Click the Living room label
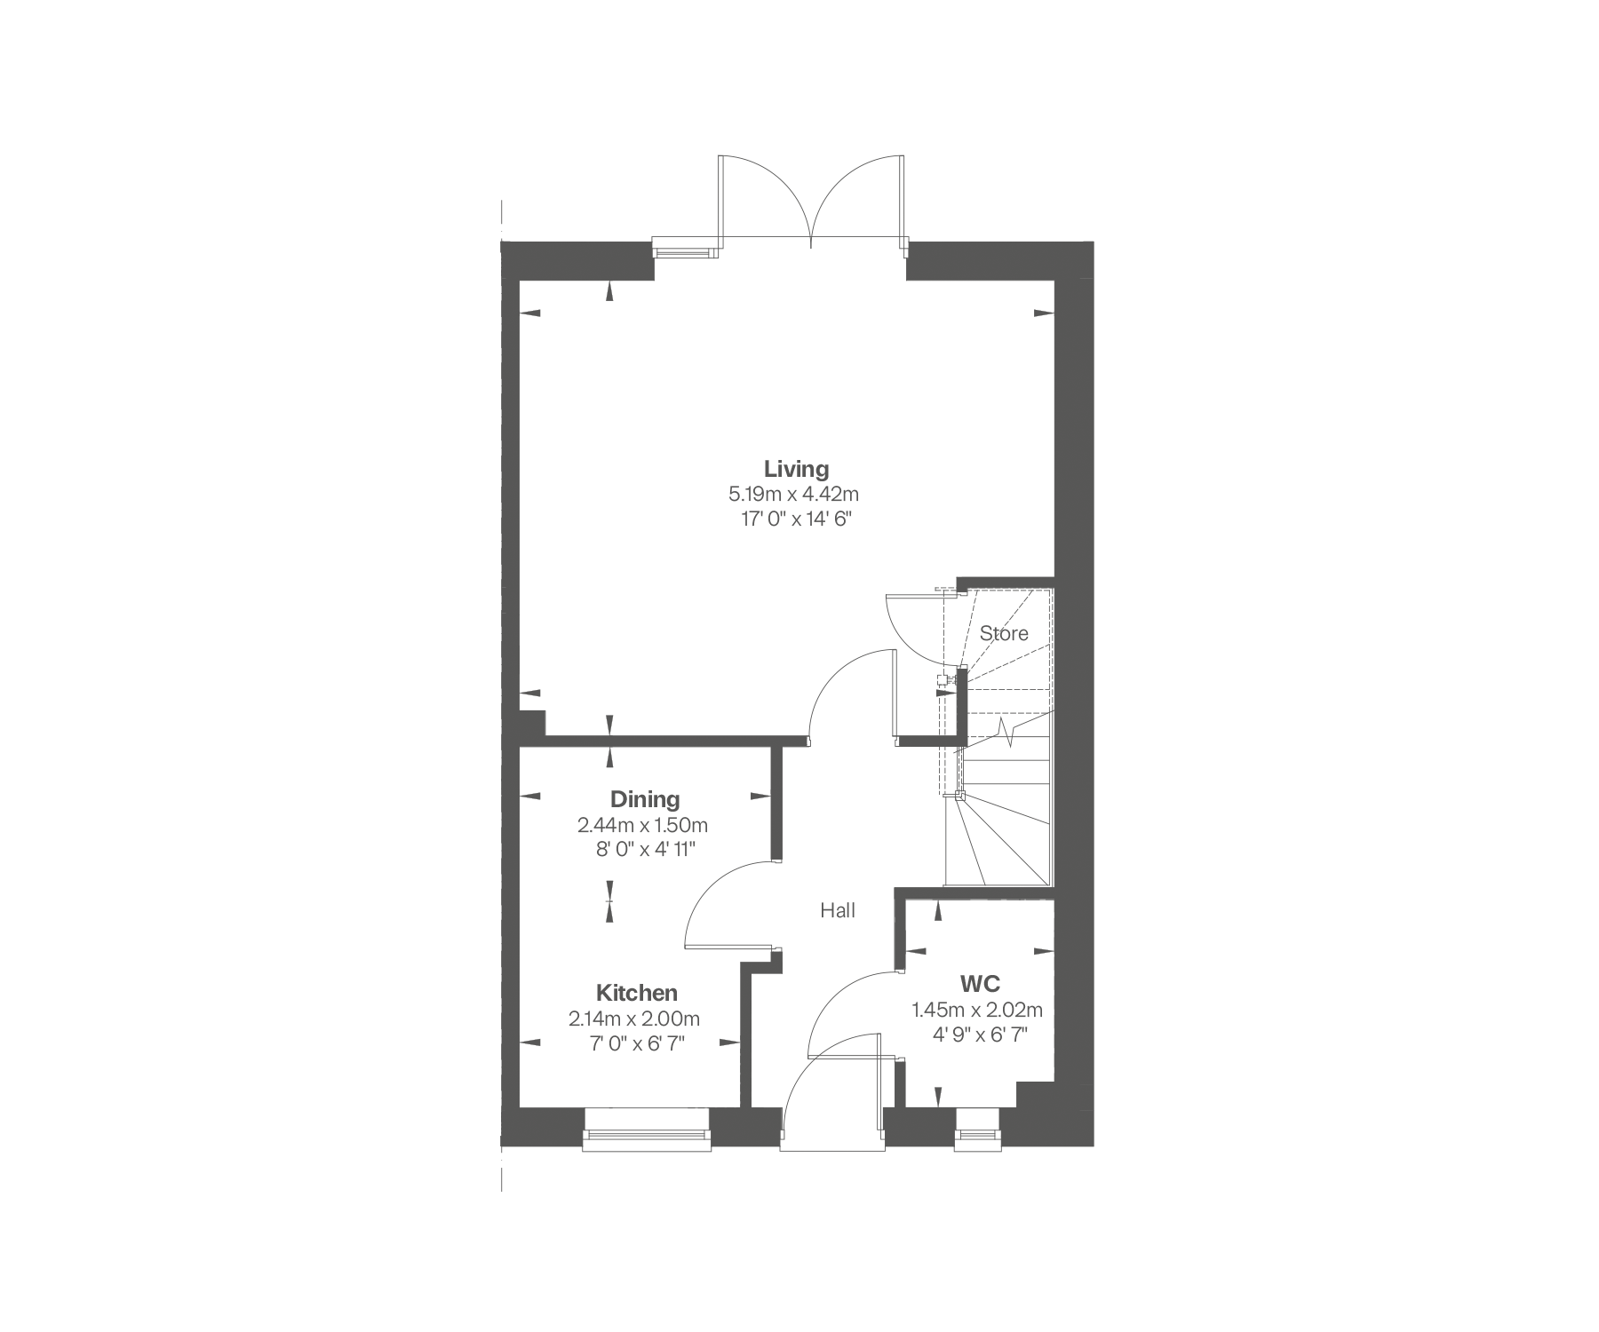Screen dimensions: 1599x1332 click(796, 468)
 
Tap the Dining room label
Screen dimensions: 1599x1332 click(645, 799)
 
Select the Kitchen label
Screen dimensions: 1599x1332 click(636, 993)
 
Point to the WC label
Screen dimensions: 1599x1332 click(980, 984)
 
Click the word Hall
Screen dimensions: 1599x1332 click(837, 910)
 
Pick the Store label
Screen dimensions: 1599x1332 click(1004, 633)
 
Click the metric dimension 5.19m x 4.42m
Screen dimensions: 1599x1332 click(794, 494)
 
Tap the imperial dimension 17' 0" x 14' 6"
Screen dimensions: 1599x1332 click(796, 519)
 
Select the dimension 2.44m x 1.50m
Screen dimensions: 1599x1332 click(642, 825)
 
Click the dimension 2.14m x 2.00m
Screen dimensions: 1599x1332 click(634, 1019)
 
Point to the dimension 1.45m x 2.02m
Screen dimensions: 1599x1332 click(977, 1010)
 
